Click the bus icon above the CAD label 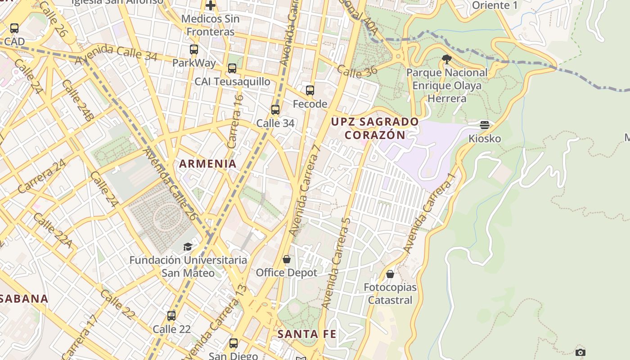pyautogui.click(x=14, y=28)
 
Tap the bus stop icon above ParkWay pyautogui.click(x=194, y=49)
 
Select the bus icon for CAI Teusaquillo pyautogui.click(x=232, y=68)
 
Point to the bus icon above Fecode pyautogui.click(x=310, y=90)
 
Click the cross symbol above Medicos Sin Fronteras pyautogui.click(x=211, y=5)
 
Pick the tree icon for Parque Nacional pyautogui.click(x=447, y=59)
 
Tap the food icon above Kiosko pyautogui.click(x=485, y=125)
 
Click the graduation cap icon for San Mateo pyautogui.click(x=188, y=247)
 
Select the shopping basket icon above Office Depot pyautogui.click(x=287, y=259)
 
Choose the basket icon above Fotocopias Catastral pyautogui.click(x=390, y=274)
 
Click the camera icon pyautogui.click(x=580, y=352)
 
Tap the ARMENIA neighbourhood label pyautogui.click(x=208, y=164)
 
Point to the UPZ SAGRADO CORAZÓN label pyautogui.click(x=375, y=128)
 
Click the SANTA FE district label pyautogui.click(x=306, y=334)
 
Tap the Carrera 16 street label pyautogui.click(x=235, y=121)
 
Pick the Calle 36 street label pyautogui.click(x=357, y=71)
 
